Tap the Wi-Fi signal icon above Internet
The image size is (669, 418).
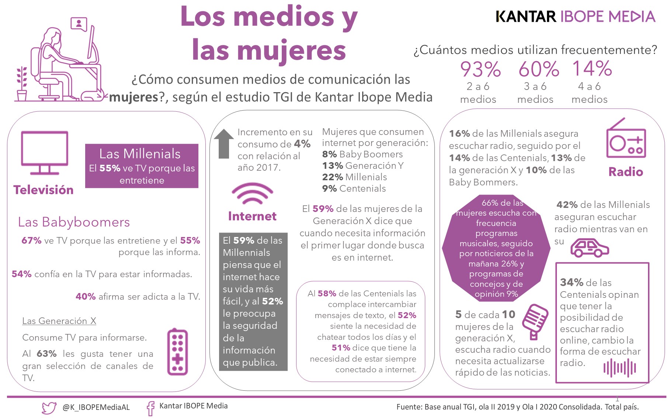(x=252, y=194)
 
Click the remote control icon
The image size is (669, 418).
(x=177, y=352)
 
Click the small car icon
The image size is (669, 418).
(x=589, y=248)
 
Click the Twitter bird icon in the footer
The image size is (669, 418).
(x=49, y=408)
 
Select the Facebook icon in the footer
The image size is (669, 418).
(x=150, y=408)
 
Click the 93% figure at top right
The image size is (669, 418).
(x=480, y=69)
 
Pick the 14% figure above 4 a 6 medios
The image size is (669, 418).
(x=592, y=69)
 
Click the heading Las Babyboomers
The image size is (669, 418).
(x=74, y=222)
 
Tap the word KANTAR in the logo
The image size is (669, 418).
(x=526, y=17)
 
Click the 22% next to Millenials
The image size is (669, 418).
(x=330, y=177)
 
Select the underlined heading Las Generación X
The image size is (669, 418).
(x=59, y=321)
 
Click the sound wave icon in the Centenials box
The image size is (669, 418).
(x=620, y=368)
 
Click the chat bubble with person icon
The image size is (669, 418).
(x=79, y=24)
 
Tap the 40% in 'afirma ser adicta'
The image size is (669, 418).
(x=86, y=297)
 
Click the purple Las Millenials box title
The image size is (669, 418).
(x=140, y=154)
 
